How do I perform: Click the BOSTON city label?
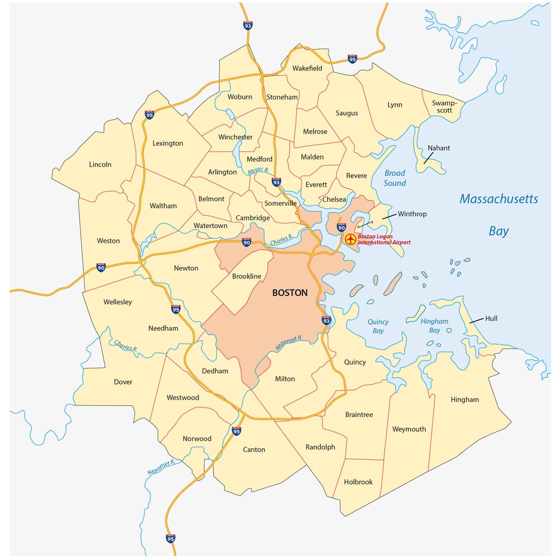[290, 292]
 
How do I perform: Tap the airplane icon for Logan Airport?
[350, 239]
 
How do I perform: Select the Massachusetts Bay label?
[499, 215]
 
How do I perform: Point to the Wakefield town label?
[307, 68]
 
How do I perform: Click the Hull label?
[491, 318]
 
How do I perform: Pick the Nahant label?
[439, 148]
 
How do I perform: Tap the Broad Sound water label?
[395, 178]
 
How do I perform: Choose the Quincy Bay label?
[378, 326]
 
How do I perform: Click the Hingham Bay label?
[434, 325]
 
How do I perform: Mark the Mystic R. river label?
[258, 170]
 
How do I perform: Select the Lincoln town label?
[100, 164]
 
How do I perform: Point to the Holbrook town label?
[358, 482]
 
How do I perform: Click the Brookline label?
[247, 276]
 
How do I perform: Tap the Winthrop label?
[412, 214]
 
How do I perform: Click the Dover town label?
[123, 382]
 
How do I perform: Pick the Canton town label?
[254, 449]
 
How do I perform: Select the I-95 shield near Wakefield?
[352, 59]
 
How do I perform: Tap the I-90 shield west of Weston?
[101, 268]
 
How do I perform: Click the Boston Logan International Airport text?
[384, 239]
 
